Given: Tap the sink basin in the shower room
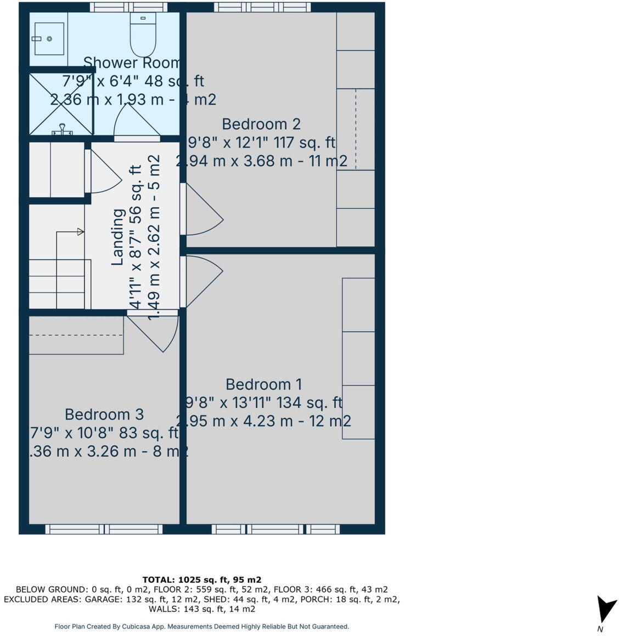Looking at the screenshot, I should click(49, 39).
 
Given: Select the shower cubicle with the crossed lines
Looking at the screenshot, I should click(61, 103).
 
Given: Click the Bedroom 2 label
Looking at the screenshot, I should click(261, 124).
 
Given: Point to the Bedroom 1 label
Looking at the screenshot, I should click(263, 384).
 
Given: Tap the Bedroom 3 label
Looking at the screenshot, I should click(104, 414).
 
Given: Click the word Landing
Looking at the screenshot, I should click(117, 237).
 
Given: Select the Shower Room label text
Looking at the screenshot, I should click(132, 63).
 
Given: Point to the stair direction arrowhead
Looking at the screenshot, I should click(81, 232).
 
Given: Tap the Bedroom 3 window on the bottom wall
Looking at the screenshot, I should click(104, 529).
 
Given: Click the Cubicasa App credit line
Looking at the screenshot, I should click(201, 626).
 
